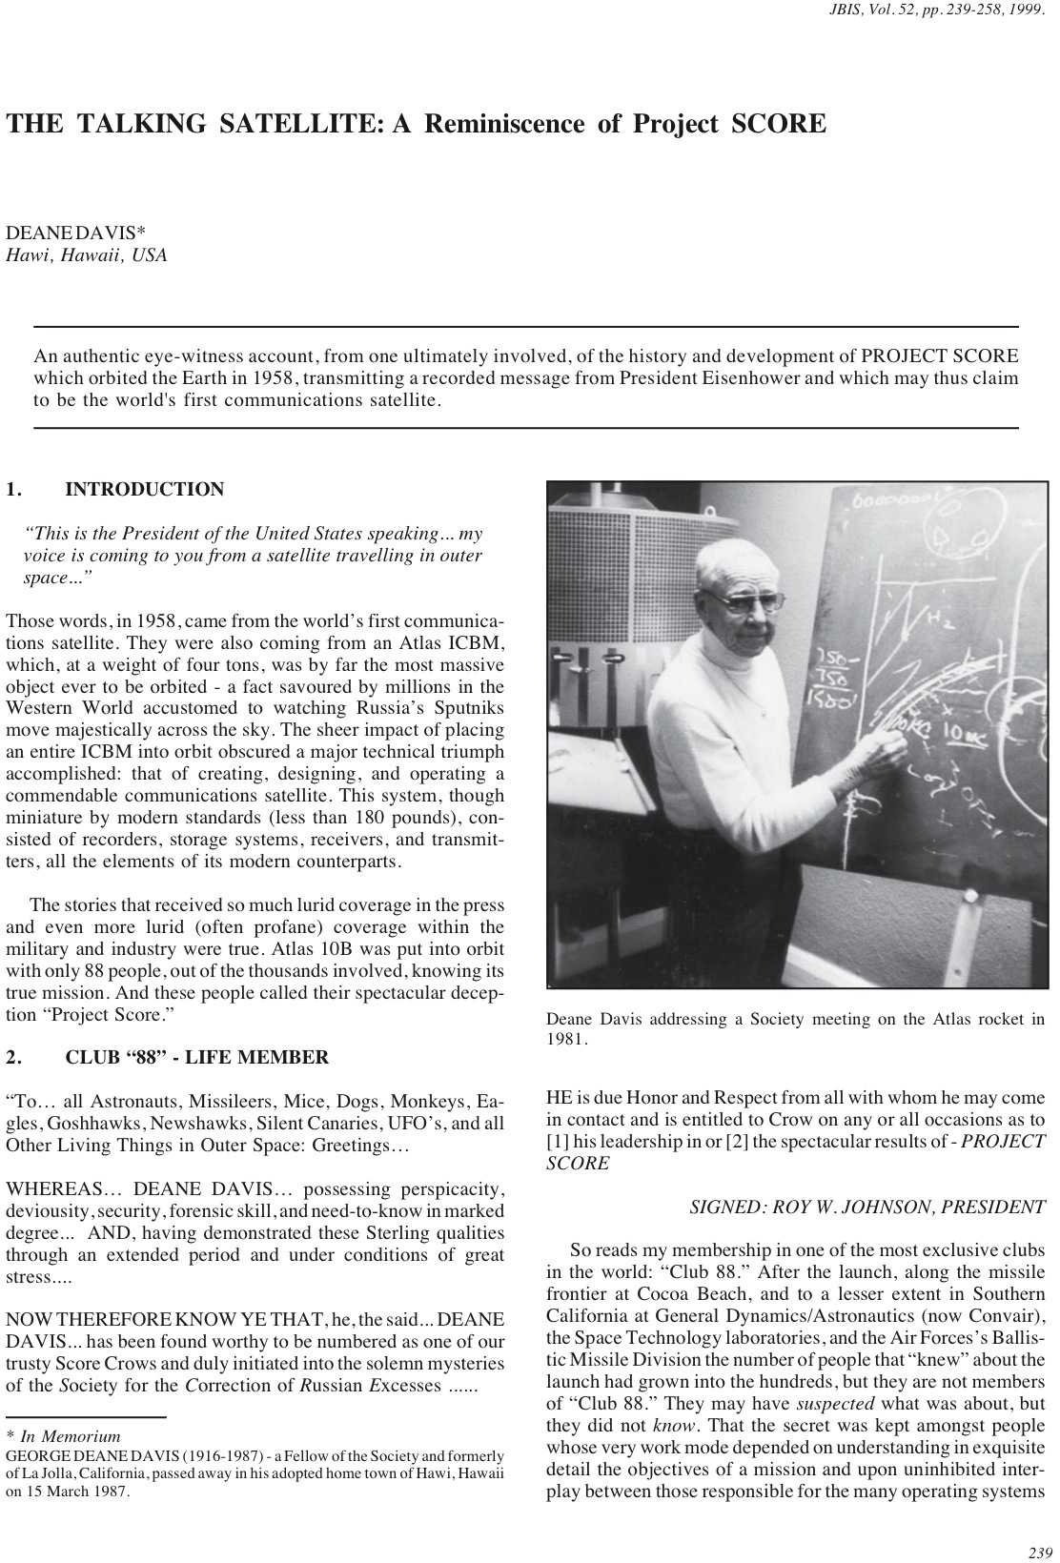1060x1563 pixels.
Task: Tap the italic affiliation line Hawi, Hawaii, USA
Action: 87,255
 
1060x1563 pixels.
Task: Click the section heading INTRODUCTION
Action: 145,490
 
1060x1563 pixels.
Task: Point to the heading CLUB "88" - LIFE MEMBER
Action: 197,1057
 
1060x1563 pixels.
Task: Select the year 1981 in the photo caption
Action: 566,1040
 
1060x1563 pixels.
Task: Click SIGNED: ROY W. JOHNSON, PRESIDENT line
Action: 866,1208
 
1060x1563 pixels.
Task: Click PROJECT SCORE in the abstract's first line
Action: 939,357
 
